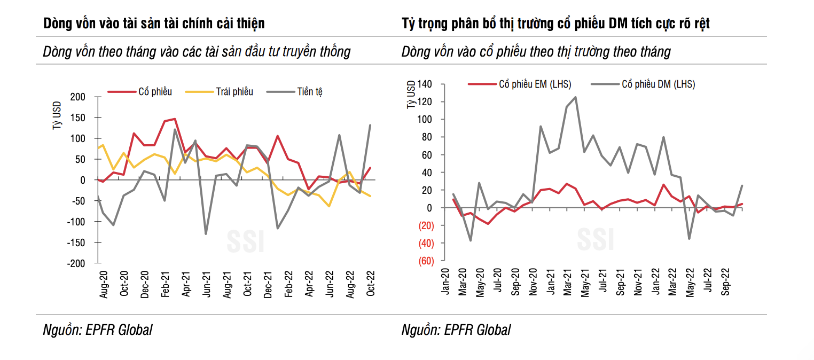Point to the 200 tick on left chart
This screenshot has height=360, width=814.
[78, 97]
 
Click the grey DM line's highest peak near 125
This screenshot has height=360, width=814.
[575, 97]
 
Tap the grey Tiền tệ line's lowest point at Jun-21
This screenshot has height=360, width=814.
[206, 234]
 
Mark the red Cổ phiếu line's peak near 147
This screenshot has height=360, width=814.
[175, 119]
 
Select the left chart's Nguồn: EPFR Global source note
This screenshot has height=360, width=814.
[97, 330]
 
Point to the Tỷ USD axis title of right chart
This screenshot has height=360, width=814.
[411, 95]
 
